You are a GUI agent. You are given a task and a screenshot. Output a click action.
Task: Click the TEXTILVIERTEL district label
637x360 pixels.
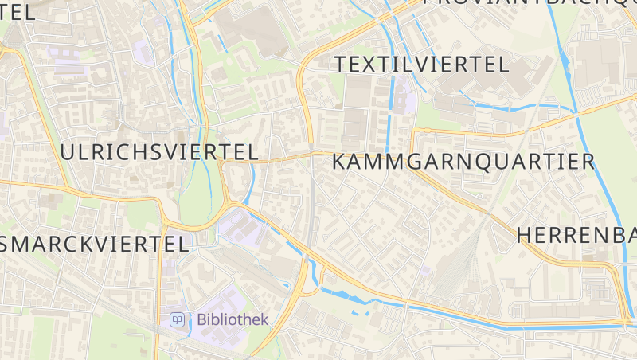click(421, 65)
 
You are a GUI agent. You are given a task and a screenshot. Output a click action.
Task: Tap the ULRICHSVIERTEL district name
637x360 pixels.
click(159, 151)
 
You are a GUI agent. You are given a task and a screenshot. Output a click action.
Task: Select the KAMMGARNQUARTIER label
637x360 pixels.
click(463, 162)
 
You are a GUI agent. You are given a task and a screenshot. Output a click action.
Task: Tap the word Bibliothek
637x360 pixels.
click(233, 319)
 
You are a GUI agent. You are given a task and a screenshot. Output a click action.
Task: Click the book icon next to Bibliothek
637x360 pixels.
click(177, 320)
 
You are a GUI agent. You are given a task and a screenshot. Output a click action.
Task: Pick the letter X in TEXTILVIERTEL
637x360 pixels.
click(370, 65)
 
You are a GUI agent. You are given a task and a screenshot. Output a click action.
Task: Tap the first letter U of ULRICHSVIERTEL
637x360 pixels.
click(68, 151)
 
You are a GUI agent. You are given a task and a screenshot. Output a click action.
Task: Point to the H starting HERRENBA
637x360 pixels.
click(525, 235)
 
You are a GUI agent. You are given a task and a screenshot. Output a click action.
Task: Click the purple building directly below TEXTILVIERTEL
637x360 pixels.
click(404, 100)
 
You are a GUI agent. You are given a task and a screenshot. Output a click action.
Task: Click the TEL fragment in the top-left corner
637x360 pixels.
click(18, 11)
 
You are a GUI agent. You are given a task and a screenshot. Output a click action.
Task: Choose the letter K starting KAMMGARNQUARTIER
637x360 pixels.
click(338, 162)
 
